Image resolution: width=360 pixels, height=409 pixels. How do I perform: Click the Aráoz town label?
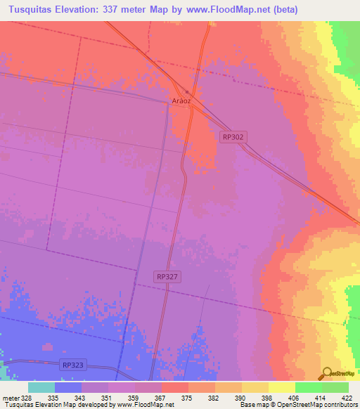coord(181,100)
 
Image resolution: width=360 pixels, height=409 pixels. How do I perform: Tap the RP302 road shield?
coord(233,138)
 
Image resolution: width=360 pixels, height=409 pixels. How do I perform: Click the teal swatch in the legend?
coord(41,387)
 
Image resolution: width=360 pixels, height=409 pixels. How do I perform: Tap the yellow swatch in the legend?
coord(282,387)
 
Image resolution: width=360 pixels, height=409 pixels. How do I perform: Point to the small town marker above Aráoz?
coord(186,92)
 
